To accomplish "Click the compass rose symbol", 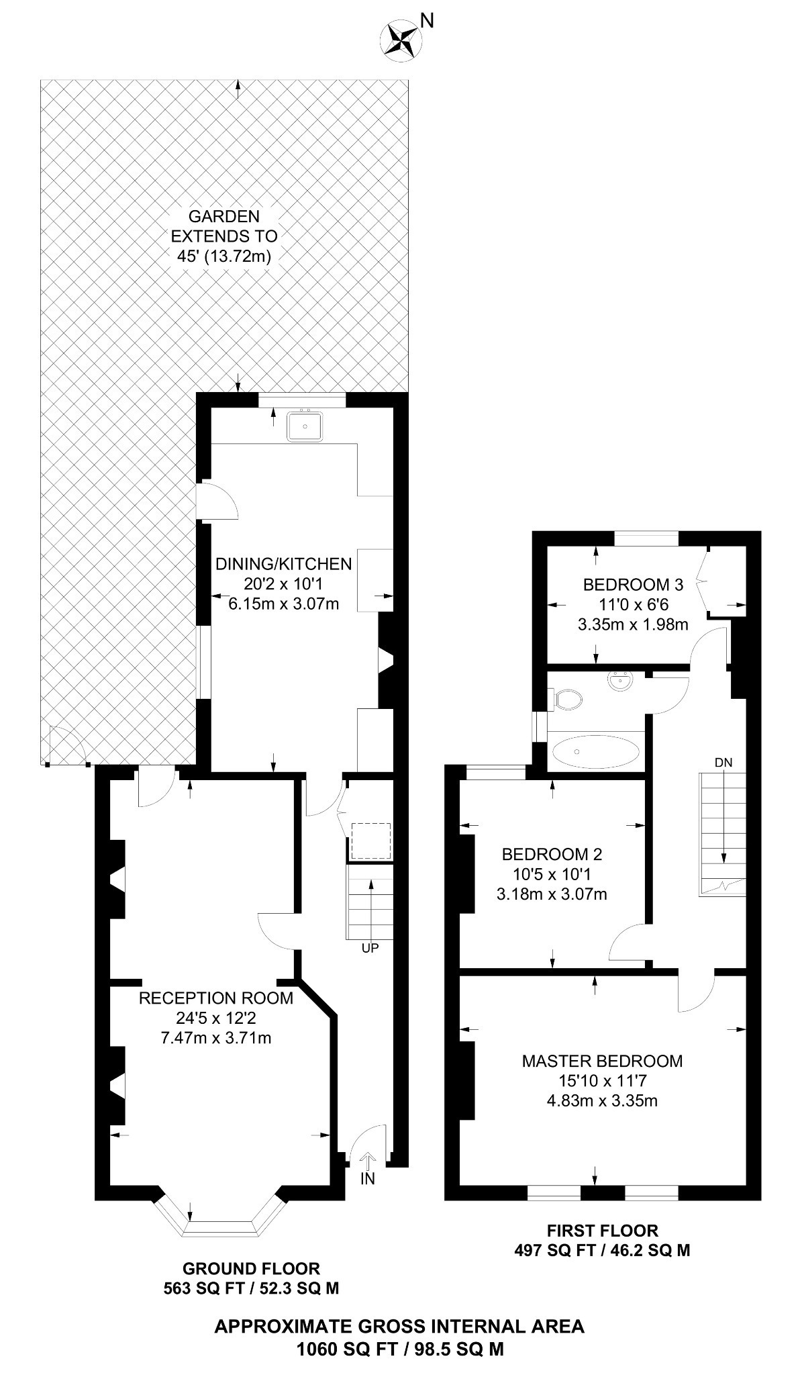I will click(401, 38).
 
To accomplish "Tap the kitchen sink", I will click(305, 426).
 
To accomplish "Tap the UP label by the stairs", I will click(370, 948).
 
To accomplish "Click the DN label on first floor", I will click(723, 762).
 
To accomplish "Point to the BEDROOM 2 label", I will click(552, 854).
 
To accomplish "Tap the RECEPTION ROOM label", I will click(215, 998).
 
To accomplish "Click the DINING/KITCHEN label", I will click(283, 563).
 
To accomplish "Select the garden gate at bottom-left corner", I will click(67, 745).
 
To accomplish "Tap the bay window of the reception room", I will click(221, 1226).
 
